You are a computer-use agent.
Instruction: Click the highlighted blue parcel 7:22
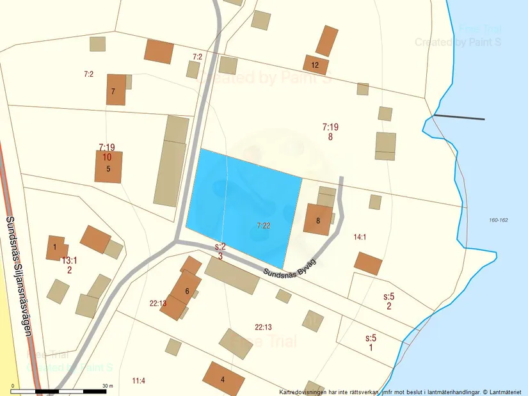coord(243,205)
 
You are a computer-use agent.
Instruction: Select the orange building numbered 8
coord(318,220)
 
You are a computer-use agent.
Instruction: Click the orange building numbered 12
coord(316,65)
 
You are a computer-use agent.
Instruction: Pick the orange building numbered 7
coord(116,90)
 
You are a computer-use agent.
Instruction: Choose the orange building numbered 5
coord(108,167)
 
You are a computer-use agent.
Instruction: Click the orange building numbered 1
coord(55,248)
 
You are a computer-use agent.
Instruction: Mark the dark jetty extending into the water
coord(459,117)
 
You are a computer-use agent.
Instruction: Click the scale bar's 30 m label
coord(108,386)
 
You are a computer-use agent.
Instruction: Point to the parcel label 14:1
coord(360,237)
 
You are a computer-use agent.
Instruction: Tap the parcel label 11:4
coord(138,381)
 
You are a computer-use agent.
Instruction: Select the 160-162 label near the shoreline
coord(498,220)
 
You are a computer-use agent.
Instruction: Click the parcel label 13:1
coord(69,260)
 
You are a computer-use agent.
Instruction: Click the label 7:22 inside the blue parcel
coord(264,225)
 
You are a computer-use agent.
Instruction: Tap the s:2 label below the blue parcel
coord(220,246)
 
